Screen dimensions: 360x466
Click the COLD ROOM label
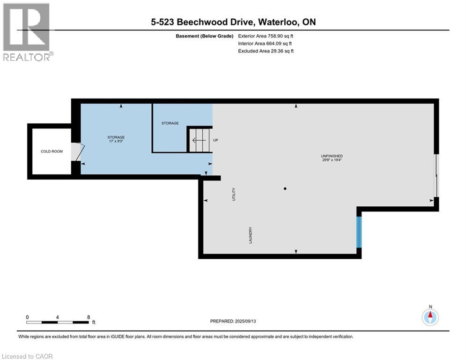(x=52, y=151)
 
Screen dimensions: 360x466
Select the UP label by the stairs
(x=216, y=140)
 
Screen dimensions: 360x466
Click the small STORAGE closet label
(x=170, y=123)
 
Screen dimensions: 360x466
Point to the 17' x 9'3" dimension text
(x=116, y=142)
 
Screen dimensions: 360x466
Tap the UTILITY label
(x=234, y=194)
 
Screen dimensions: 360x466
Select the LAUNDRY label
(x=251, y=235)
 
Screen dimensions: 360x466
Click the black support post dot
(x=285, y=189)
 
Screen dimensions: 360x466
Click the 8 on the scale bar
(x=89, y=317)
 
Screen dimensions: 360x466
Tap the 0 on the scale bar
(x=27, y=317)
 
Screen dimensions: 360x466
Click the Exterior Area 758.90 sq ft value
(x=266, y=36)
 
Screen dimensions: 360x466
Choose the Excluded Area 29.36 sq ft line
(x=266, y=51)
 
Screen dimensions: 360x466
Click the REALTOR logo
(x=28, y=32)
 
